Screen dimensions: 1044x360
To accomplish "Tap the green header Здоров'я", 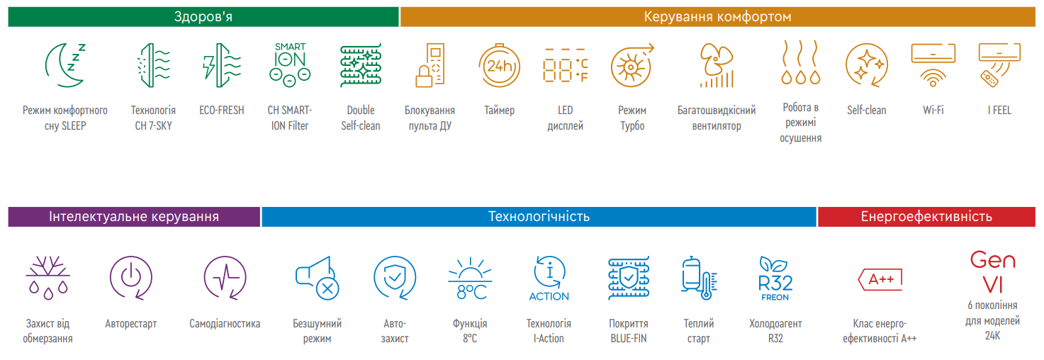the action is click(203, 17).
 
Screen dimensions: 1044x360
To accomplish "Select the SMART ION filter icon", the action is click(290, 64).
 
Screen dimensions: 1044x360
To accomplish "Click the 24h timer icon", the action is click(499, 66).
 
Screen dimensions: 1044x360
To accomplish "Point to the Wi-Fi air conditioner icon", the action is click(933, 65).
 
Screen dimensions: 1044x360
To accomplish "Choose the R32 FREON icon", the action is click(775, 278).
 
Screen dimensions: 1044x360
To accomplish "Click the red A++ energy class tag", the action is click(880, 279).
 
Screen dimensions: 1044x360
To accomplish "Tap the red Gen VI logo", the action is click(993, 272).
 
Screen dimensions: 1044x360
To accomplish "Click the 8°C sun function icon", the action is click(470, 278).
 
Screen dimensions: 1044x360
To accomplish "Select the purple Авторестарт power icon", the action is click(131, 278).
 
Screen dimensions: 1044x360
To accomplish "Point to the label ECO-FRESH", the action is click(221, 111).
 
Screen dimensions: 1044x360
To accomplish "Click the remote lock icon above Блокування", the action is click(430, 65).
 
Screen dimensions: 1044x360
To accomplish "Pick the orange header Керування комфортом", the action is click(717, 17).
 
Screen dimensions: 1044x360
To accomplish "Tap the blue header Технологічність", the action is click(539, 217).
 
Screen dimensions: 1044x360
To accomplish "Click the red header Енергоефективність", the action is click(926, 217).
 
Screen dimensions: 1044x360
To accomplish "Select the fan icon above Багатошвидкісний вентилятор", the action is click(717, 65).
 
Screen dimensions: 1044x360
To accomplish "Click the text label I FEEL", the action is click(999, 111).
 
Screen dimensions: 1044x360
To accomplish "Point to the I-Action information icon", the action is click(549, 278).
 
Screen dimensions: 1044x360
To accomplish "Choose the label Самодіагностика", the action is click(225, 324).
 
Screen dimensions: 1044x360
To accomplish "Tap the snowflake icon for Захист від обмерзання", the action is click(48, 278).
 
